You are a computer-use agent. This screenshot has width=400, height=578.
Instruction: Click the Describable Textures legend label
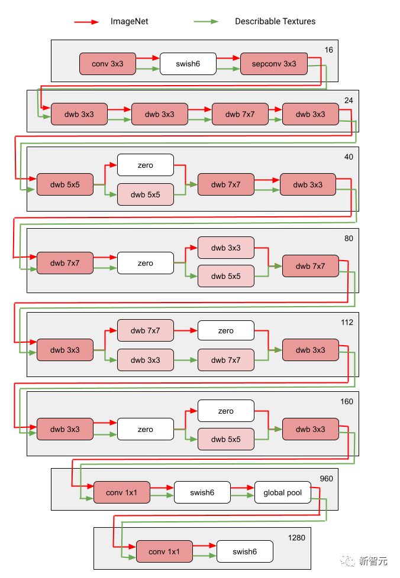[275, 21]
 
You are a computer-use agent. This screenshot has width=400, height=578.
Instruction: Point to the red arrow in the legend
[87, 22]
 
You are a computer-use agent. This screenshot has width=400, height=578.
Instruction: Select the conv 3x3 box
[108, 64]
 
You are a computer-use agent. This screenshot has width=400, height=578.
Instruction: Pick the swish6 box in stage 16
[188, 64]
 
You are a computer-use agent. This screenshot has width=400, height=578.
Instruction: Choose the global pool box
[283, 493]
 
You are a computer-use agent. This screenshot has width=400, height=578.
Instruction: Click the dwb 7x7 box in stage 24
[240, 114]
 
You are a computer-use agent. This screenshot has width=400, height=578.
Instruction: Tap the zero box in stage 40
[146, 165]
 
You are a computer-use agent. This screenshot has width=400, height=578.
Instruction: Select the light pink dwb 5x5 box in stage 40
[146, 194]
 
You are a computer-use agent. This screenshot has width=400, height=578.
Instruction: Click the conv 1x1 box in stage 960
[122, 493]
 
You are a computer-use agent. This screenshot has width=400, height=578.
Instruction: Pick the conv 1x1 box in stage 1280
[164, 551]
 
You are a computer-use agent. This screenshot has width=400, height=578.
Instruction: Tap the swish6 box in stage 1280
[244, 551]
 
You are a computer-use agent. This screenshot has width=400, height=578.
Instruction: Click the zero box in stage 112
[225, 331]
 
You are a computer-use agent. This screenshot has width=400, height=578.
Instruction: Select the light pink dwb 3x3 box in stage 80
[225, 248]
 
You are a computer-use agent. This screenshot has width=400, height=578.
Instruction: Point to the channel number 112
[347, 322]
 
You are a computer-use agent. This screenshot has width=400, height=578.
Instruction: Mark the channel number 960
[327, 478]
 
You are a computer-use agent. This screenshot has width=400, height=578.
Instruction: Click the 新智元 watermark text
[375, 561]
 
